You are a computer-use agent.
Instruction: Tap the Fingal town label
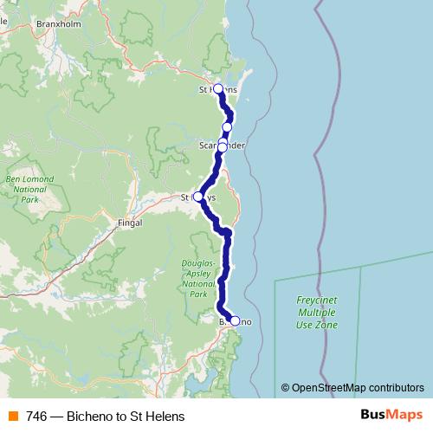click(x=128, y=222)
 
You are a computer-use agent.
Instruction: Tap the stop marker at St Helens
click(x=218, y=88)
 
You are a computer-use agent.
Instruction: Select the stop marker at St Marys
click(x=198, y=197)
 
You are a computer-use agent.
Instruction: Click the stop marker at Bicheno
click(x=235, y=321)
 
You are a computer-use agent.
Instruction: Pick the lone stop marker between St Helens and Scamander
click(x=227, y=126)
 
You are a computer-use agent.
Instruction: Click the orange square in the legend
click(x=12, y=417)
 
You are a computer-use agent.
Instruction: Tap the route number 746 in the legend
click(x=36, y=417)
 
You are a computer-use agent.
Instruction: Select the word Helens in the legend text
click(x=165, y=417)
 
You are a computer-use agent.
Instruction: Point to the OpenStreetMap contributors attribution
click(x=353, y=388)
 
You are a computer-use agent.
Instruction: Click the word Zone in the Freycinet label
click(x=327, y=325)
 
